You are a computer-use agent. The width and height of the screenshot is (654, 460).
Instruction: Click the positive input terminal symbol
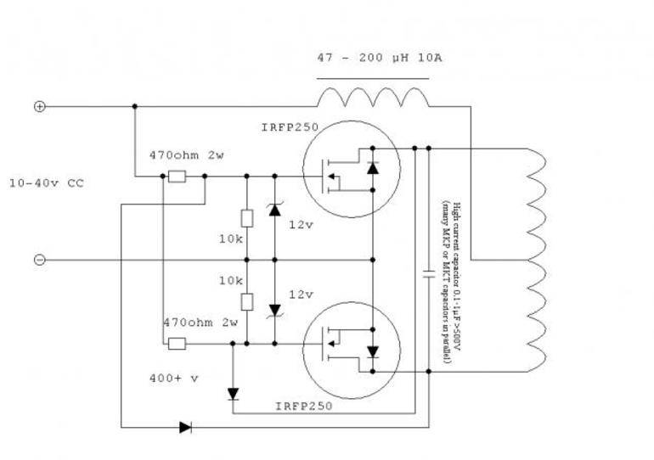coord(39,107)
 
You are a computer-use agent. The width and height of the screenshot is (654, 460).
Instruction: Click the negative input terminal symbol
coord(39,260)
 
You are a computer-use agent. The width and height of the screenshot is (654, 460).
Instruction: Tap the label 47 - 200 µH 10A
coord(379,58)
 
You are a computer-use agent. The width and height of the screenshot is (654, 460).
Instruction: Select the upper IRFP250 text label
coord(290,127)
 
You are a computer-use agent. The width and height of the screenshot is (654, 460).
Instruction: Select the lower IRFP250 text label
coord(304,406)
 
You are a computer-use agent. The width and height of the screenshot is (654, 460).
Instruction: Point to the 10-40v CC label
coord(47,183)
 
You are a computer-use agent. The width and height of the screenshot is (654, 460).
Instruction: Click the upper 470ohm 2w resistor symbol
coord(177,177)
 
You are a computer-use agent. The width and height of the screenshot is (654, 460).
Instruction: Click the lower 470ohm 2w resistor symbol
coord(177,344)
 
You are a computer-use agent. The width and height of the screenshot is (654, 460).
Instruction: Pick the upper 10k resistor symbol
coord(247,218)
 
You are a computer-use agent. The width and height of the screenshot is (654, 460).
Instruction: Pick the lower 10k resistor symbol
coord(247,301)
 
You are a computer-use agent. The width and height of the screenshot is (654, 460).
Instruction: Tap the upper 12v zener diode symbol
coord(274,209)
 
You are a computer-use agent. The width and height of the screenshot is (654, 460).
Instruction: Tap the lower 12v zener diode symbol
coord(274,311)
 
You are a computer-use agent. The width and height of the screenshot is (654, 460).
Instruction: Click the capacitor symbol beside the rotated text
coord(429,274)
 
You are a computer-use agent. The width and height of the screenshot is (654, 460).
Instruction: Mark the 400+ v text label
coord(174,379)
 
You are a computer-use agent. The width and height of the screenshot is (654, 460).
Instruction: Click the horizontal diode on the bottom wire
coord(186,427)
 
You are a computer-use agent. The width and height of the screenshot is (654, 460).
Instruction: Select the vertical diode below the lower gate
coord(233,394)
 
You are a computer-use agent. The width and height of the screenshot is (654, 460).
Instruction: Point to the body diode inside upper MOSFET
coord(373,168)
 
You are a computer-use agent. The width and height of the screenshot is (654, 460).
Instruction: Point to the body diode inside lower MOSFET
coord(373,351)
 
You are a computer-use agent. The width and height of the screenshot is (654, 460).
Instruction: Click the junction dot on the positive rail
coord(135,107)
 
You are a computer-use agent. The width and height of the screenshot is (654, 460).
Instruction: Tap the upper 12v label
coord(302,225)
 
